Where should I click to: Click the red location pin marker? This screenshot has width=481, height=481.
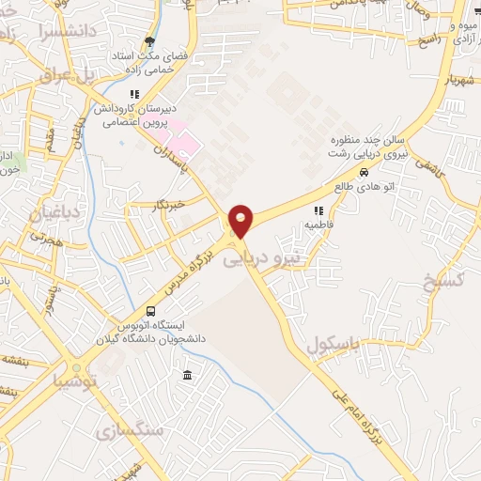coord(242,220)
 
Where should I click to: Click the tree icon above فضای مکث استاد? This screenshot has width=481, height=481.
coord(148,40)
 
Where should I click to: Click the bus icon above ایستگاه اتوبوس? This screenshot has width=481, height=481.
coord(150,311)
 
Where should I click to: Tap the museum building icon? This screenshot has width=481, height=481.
coord(187,376)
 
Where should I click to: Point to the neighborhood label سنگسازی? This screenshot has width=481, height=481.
coord(130,430)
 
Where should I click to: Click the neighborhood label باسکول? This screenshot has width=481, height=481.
coord(331,347)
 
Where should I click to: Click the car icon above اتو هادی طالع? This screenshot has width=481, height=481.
coord(364,172)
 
